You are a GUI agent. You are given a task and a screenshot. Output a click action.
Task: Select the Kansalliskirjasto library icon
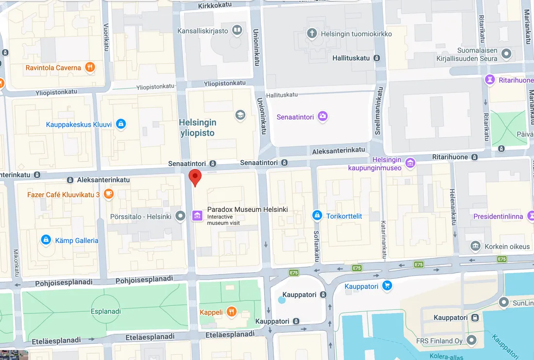(x=237, y=31)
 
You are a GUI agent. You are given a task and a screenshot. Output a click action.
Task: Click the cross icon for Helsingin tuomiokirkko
(x=312, y=34)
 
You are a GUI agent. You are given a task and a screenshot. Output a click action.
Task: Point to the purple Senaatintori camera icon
(x=323, y=117)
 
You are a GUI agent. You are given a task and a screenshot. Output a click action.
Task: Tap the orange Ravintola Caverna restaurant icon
(x=89, y=68)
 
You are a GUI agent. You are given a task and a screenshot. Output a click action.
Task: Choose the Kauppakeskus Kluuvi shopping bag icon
(x=121, y=124)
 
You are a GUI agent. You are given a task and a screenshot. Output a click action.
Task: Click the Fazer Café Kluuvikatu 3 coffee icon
(x=108, y=194)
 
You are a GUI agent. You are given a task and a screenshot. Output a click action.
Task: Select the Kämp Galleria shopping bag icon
(x=46, y=240)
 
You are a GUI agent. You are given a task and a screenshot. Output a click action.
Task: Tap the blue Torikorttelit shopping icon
(x=317, y=215)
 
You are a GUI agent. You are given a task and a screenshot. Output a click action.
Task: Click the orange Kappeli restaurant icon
(x=232, y=311)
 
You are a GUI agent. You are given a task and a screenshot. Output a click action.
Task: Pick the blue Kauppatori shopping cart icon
(x=387, y=286)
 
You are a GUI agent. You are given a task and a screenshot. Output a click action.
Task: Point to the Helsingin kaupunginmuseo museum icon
(x=410, y=163)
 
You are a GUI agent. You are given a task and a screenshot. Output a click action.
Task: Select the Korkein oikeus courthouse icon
(x=476, y=246)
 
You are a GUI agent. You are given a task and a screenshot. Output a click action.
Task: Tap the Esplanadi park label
(x=105, y=311)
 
